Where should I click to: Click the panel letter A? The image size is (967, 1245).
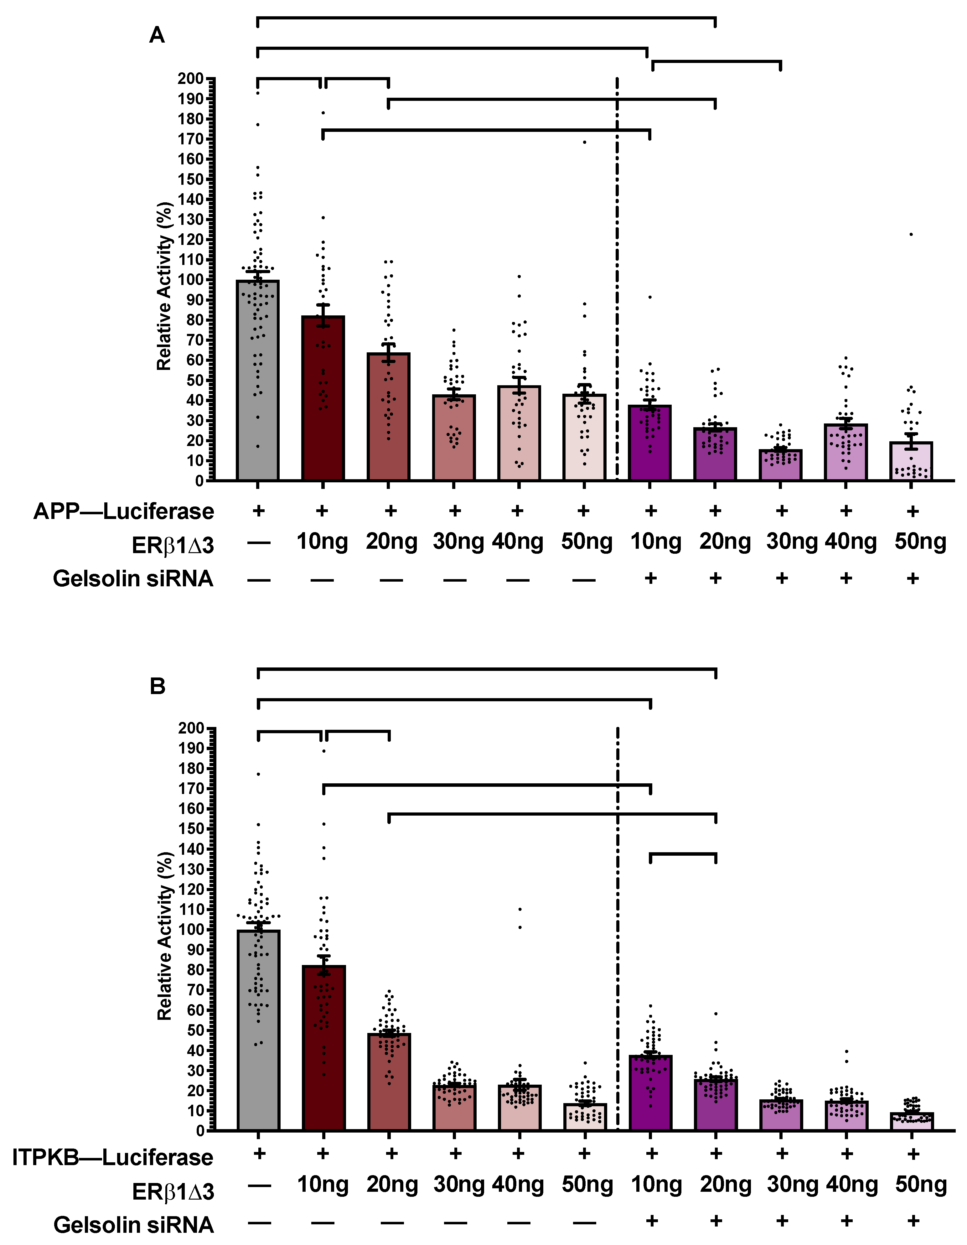pyautogui.click(x=157, y=35)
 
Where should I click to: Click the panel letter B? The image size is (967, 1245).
pyautogui.click(x=157, y=686)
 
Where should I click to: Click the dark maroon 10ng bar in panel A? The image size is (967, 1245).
pyautogui.click(x=323, y=399)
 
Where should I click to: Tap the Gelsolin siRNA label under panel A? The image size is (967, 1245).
pyautogui.click(x=133, y=578)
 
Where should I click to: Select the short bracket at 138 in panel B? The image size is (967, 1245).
pyautogui.click(x=683, y=854)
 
